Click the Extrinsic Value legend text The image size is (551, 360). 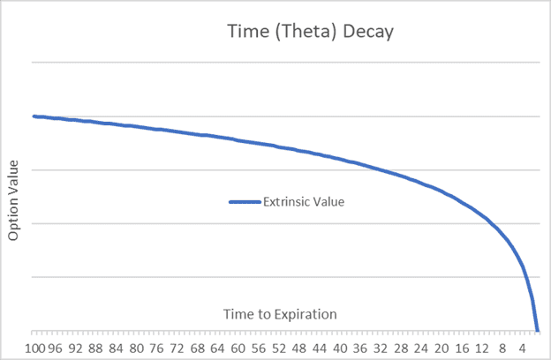click(x=303, y=201)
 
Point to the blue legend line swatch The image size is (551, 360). click(x=245, y=201)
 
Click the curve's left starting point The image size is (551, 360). click(x=34, y=116)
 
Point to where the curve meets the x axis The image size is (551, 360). click(x=537, y=330)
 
